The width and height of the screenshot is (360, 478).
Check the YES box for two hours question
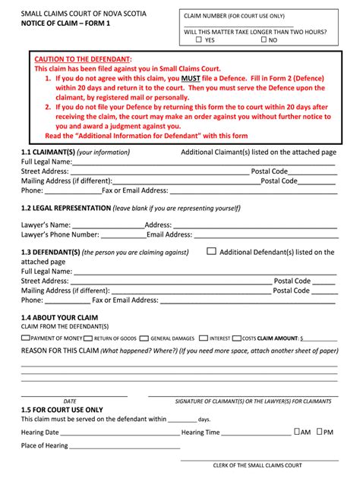click(x=199, y=39)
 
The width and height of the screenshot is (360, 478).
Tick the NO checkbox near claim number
click(x=263, y=39)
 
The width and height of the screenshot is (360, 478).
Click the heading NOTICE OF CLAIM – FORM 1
click(x=69, y=24)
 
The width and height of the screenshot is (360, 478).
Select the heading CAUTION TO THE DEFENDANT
click(x=84, y=58)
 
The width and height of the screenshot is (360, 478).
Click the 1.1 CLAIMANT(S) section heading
click(x=48, y=153)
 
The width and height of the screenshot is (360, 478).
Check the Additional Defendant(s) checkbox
click(x=211, y=251)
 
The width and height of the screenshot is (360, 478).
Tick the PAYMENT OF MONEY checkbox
click(x=26, y=338)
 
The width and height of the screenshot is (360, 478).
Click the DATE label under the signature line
click(x=70, y=401)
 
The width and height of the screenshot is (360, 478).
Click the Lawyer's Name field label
click(x=46, y=225)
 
